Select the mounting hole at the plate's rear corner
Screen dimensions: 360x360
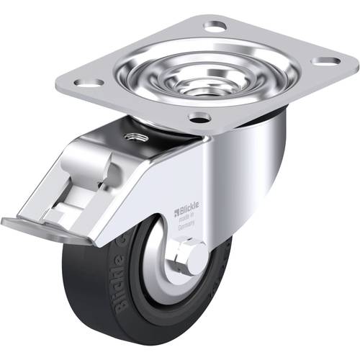[x=215, y=27]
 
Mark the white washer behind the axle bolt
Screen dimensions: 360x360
[x=179, y=261]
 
